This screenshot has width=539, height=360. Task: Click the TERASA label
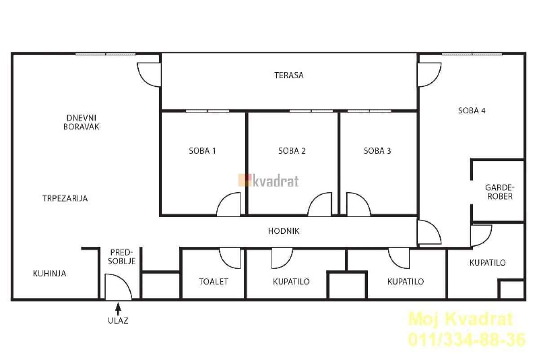289,76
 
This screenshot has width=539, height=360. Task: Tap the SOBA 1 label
202,151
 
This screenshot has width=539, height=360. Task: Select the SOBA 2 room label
292,151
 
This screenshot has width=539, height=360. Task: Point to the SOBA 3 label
377,151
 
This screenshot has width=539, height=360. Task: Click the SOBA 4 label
472,111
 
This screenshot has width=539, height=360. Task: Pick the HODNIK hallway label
284,231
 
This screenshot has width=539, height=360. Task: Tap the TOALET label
213,281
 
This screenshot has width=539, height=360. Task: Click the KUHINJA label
49,274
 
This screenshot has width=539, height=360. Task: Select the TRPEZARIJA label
65,198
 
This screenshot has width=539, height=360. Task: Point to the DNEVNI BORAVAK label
81,122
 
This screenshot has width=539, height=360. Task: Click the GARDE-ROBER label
500,192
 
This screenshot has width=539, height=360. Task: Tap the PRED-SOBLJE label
122,257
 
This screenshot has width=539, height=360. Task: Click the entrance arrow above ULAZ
118,309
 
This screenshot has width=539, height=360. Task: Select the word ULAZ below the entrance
118,321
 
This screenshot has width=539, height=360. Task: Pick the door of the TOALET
230,258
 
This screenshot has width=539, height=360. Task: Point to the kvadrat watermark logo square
245,180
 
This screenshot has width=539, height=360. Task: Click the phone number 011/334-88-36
467,340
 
